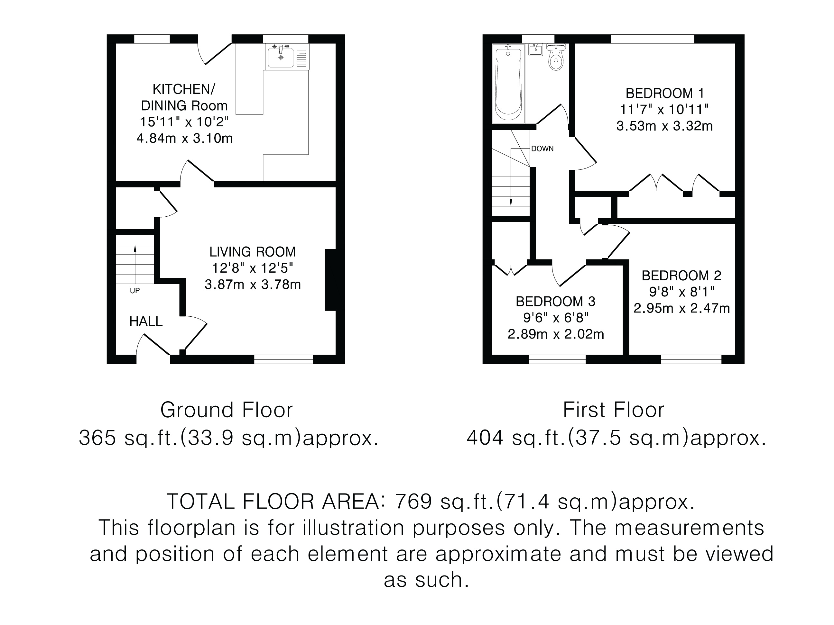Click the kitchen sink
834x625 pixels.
[287, 57]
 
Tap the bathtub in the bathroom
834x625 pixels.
[508, 83]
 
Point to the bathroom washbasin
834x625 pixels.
[536, 50]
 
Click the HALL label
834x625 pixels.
[146, 322]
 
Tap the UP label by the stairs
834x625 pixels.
[134, 291]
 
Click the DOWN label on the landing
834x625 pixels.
[542, 149]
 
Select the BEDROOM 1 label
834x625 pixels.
[664, 93]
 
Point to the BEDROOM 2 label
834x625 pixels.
[681, 276]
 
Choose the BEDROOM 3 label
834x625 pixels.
[555, 301]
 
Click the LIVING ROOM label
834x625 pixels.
[253, 252]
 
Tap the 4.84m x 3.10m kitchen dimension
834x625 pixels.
[184, 139]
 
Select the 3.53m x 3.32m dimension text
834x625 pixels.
[664, 126]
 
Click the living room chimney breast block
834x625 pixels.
[330, 280]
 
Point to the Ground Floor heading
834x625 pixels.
[227, 410]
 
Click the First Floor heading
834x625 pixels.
[614, 410]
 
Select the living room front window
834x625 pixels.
[283, 359]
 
